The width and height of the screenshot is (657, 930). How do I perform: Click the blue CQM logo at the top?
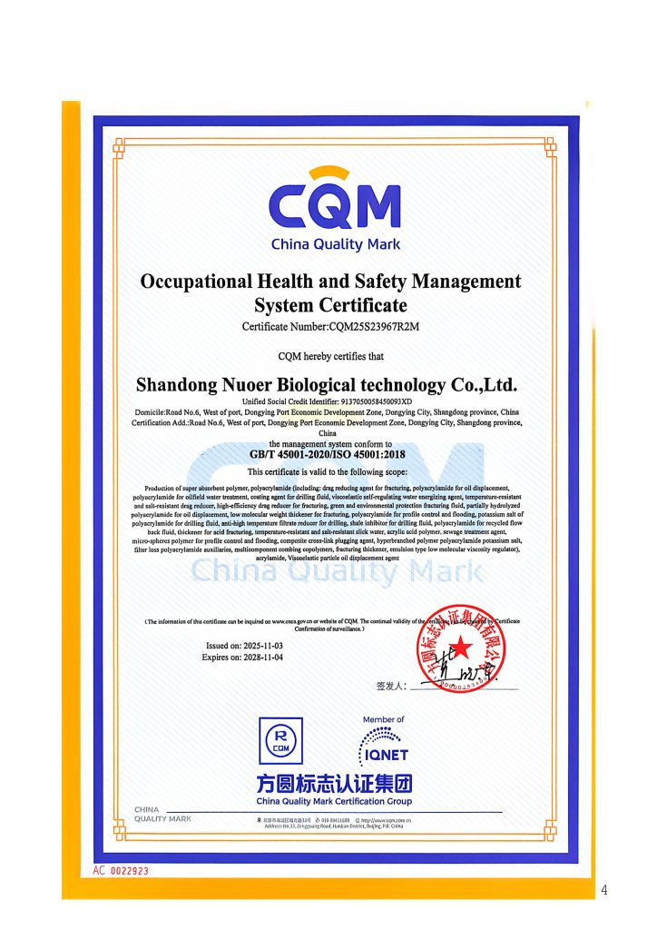click(x=335, y=206)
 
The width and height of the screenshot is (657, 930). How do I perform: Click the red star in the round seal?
click(x=461, y=647)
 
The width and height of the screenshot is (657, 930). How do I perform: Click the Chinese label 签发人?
click(x=391, y=686)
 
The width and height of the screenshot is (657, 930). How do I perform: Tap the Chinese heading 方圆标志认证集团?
click(x=334, y=784)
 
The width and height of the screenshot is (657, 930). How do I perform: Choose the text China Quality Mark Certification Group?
click(x=334, y=801)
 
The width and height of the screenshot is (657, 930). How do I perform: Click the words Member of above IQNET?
click(x=384, y=719)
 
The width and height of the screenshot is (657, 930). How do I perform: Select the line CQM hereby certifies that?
click(x=328, y=356)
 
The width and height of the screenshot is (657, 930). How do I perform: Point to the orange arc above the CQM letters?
click(x=335, y=172)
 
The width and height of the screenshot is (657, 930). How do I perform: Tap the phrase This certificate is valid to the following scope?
click(x=328, y=471)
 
